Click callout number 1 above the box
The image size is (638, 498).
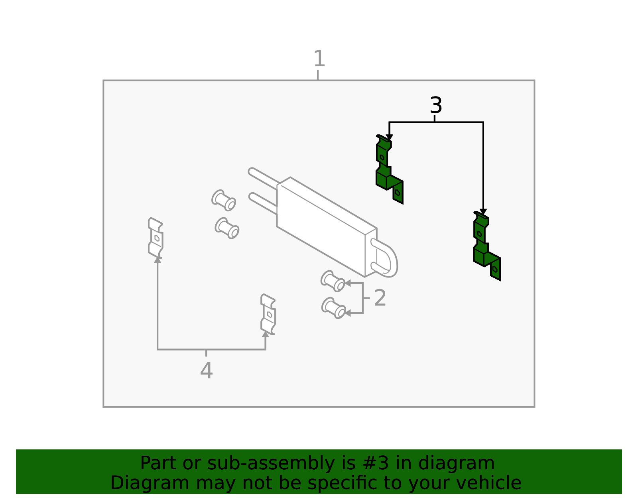[319, 59]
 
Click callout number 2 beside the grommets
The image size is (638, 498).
[380, 298]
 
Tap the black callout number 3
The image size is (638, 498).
[436, 105]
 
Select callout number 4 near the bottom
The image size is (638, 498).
[207, 370]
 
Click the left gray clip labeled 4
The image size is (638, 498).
[156, 238]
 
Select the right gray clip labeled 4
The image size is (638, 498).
[268, 314]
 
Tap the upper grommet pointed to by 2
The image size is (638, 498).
[333, 281]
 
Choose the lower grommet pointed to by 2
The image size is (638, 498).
[333, 308]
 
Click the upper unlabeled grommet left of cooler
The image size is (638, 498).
[224, 201]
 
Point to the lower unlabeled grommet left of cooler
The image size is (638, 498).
[227, 228]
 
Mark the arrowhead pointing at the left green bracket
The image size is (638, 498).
[389, 137]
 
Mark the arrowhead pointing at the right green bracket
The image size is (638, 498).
[483, 212]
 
